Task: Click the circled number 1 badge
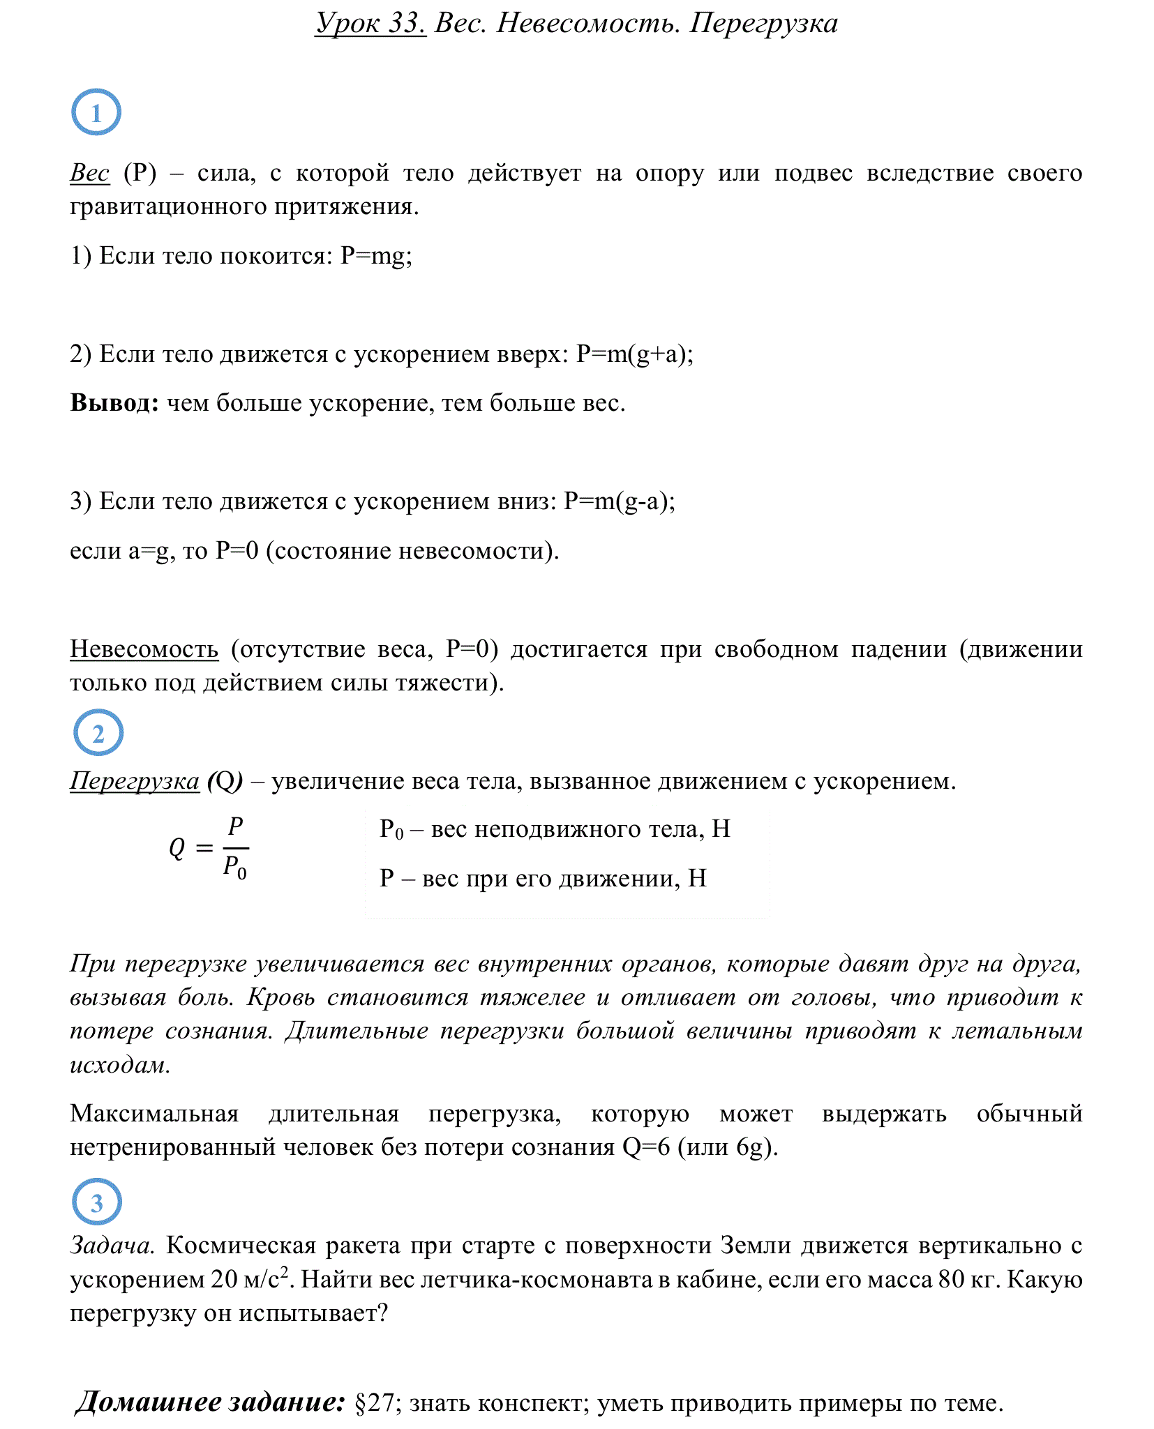96,112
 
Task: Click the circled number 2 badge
98,733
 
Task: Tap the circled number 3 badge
97,1202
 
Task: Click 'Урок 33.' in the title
370,24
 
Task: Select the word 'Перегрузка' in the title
764,24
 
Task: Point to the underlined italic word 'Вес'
89,173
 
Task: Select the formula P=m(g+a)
634,354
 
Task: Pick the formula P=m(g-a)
619,501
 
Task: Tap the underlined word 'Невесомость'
144,649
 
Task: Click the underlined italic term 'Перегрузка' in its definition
135,781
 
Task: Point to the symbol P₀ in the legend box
391,830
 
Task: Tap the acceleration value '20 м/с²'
249,1279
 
